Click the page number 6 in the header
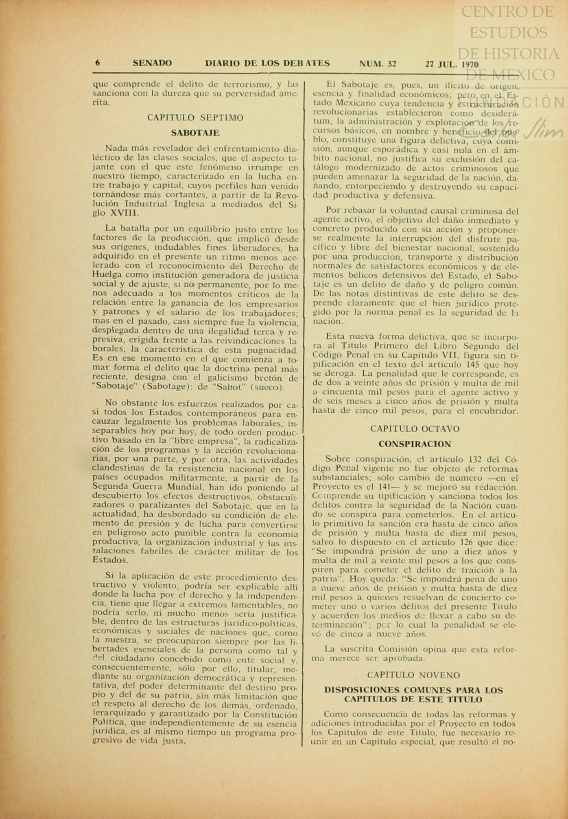point(98,63)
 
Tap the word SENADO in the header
point(152,63)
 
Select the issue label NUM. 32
point(378,63)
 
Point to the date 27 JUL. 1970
point(452,64)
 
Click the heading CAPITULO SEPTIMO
point(195,118)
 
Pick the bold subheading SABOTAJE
point(195,133)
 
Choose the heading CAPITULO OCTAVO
point(415,429)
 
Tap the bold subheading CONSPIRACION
point(415,444)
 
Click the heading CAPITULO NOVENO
point(413,675)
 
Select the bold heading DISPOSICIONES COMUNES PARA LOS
point(413,690)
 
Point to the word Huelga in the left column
point(106,275)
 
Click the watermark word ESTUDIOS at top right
point(509,32)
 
